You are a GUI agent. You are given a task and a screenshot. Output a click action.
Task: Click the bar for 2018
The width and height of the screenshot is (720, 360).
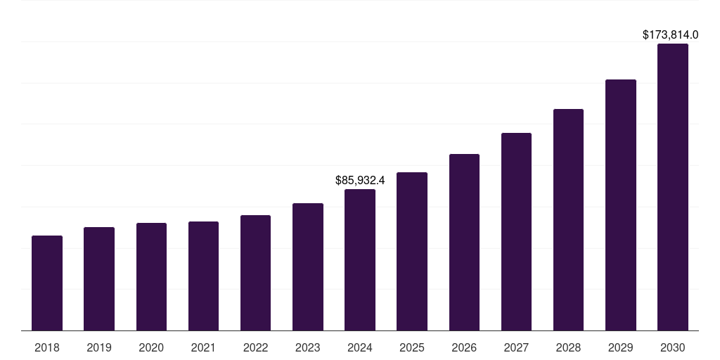tap(47, 283)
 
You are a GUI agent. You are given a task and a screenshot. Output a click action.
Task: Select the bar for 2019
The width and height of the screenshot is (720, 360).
tap(99, 279)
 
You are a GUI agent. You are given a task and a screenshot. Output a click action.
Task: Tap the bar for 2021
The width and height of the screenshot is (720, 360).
tap(203, 276)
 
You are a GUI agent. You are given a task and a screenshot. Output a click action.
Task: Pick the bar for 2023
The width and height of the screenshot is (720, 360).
tap(308, 267)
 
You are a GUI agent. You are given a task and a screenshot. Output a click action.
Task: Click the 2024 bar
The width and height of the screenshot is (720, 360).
tap(360, 260)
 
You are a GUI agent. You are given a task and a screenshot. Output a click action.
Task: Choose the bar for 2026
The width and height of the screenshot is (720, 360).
tap(464, 243)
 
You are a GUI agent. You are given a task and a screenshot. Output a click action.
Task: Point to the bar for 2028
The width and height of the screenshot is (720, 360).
tap(568, 220)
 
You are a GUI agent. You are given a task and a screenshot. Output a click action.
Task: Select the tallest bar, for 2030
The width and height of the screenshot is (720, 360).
tap(672, 187)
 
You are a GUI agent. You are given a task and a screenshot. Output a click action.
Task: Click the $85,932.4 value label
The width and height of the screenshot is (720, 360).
tap(360, 181)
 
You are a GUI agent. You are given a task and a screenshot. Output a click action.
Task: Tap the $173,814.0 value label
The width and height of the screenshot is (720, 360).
tap(671, 34)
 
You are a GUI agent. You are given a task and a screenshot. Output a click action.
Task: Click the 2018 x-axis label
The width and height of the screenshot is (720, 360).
tap(47, 347)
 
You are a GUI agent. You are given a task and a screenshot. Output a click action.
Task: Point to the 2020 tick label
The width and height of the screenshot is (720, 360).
tap(151, 347)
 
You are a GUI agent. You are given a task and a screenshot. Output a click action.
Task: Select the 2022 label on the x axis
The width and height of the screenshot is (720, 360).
tap(255, 347)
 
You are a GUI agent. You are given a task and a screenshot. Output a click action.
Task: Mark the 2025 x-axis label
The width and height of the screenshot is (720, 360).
tap(412, 347)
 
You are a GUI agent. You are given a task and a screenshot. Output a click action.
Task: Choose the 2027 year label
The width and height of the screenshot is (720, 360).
tap(516, 347)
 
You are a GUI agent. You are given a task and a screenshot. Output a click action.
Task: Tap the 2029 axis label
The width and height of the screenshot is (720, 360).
tap(620, 347)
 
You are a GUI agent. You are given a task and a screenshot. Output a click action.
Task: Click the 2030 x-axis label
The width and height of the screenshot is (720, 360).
tap(672, 347)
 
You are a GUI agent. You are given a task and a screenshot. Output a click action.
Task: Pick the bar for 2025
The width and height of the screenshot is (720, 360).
tap(412, 252)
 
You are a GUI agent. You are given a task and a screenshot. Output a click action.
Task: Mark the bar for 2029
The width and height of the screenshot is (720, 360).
tap(620, 205)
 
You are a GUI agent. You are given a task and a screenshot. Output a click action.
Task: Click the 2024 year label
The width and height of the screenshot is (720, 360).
tap(360, 347)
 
